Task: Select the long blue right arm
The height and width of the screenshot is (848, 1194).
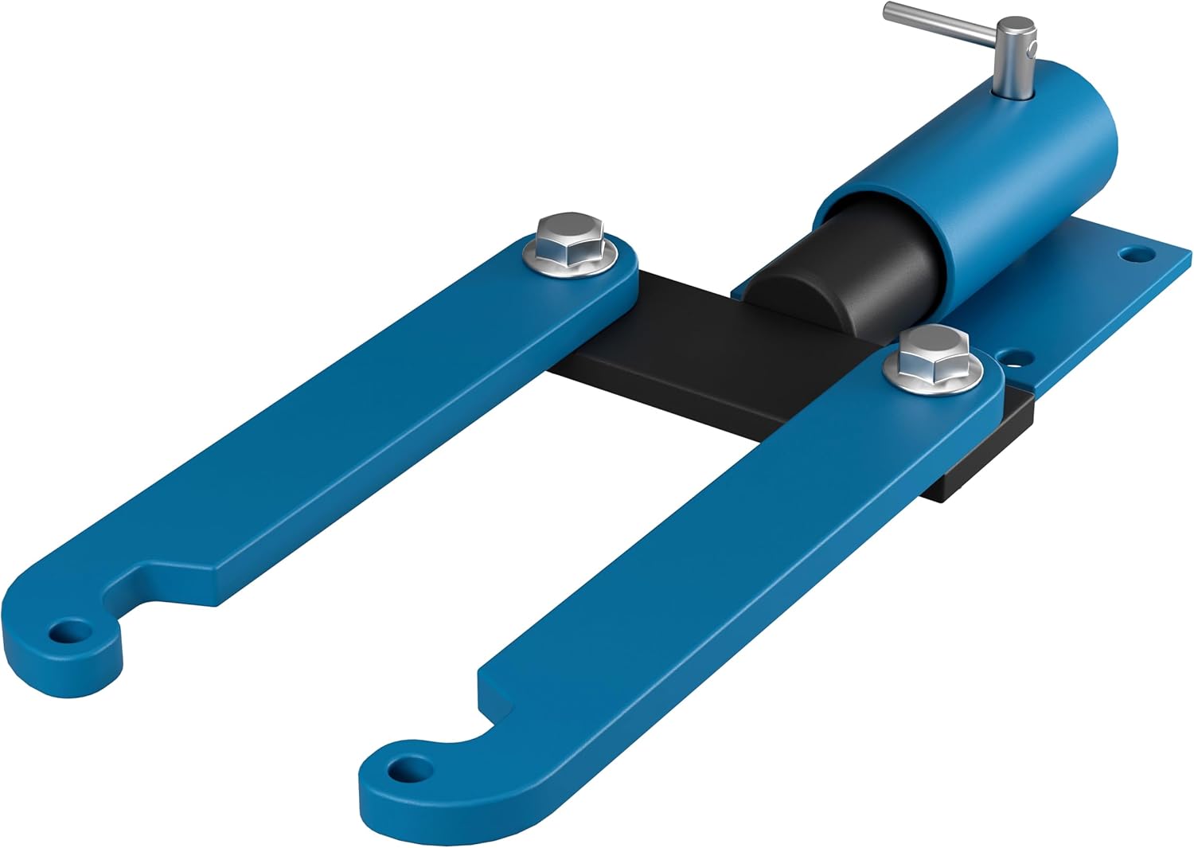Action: (x=716, y=573)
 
